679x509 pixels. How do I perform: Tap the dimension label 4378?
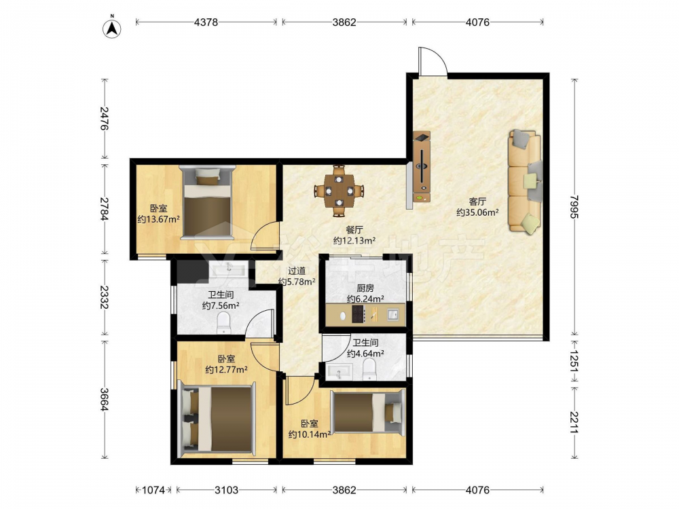(206, 22)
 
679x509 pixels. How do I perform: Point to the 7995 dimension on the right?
(574, 207)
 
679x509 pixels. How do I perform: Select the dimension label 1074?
(153, 490)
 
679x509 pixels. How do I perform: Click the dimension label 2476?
(105, 118)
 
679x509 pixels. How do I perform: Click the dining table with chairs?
(339, 191)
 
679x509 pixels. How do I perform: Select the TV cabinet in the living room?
(422, 167)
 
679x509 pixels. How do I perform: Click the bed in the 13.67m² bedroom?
(207, 202)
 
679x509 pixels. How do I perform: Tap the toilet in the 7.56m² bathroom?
(223, 323)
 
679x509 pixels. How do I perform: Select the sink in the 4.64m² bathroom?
(340, 372)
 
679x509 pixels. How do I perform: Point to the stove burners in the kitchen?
(359, 314)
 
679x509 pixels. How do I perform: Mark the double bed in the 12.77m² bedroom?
(216, 418)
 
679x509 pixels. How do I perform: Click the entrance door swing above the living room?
(433, 62)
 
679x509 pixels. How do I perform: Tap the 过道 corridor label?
(297, 271)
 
